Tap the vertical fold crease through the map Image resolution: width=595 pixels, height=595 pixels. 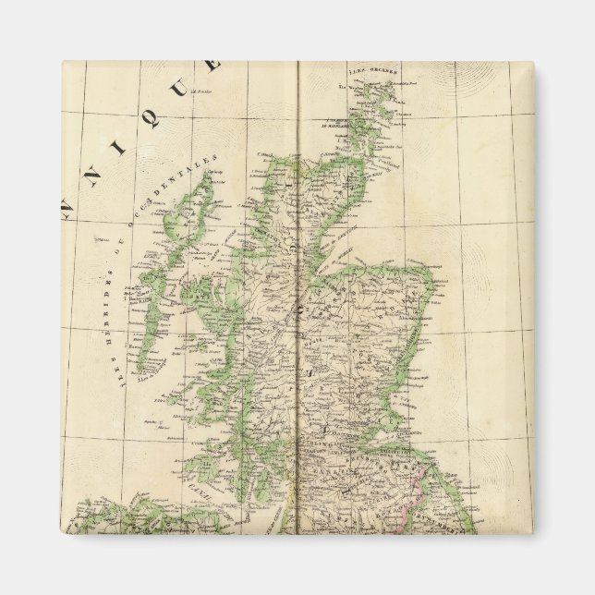pos(300,277)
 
